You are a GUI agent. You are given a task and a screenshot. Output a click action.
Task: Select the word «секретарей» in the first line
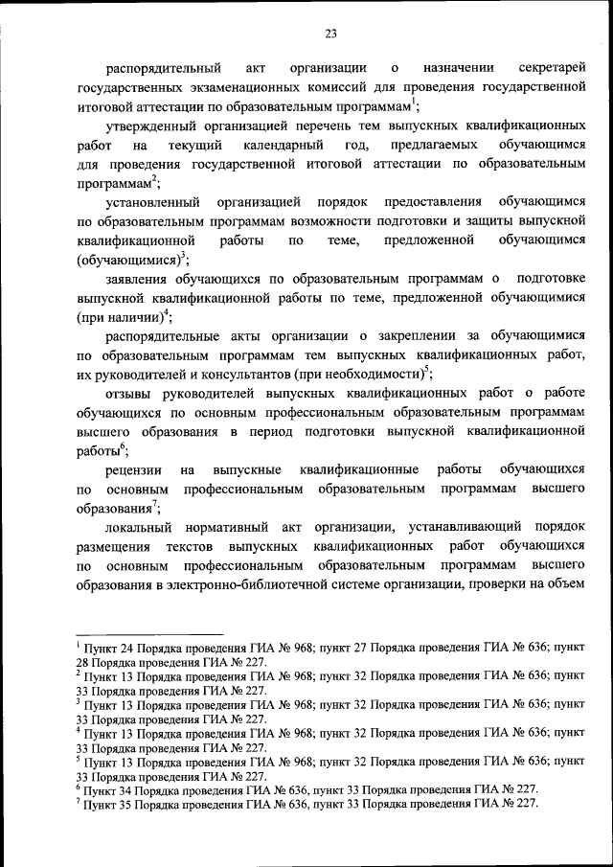click(x=552, y=68)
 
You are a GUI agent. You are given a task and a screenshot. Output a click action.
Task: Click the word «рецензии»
click(x=135, y=470)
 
